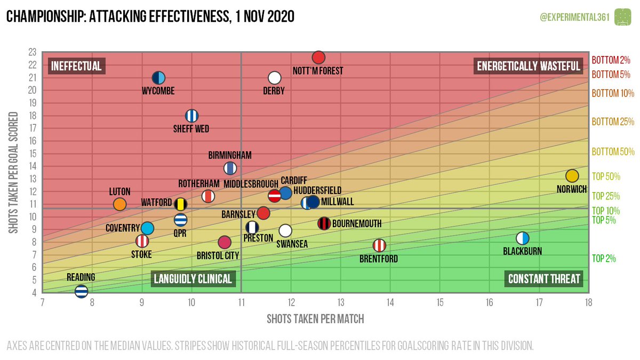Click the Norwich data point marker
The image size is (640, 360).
tap(572, 176)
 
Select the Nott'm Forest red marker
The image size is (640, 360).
tap(318, 58)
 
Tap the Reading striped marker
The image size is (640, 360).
tap(81, 291)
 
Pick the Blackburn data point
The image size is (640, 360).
tap(523, 238)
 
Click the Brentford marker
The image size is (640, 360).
tap(379, 245)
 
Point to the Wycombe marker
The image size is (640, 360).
tap(158, 78)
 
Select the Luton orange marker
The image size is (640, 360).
tap(119, 204)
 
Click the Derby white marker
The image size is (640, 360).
tap(274, 78)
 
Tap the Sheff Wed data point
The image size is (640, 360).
tap(191, 116)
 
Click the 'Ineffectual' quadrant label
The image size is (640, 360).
tap(76, 66)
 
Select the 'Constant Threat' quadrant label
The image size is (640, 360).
tap(544, 279)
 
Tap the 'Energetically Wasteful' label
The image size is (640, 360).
tap(528, 66)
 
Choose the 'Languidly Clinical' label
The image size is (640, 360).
tap(193, 279)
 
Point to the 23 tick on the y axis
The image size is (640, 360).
tap(32, 52)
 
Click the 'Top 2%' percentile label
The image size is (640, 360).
tap(604, 259)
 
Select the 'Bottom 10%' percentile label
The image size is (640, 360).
tap(613, 93)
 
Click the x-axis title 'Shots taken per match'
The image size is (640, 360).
tap(315, 319)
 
